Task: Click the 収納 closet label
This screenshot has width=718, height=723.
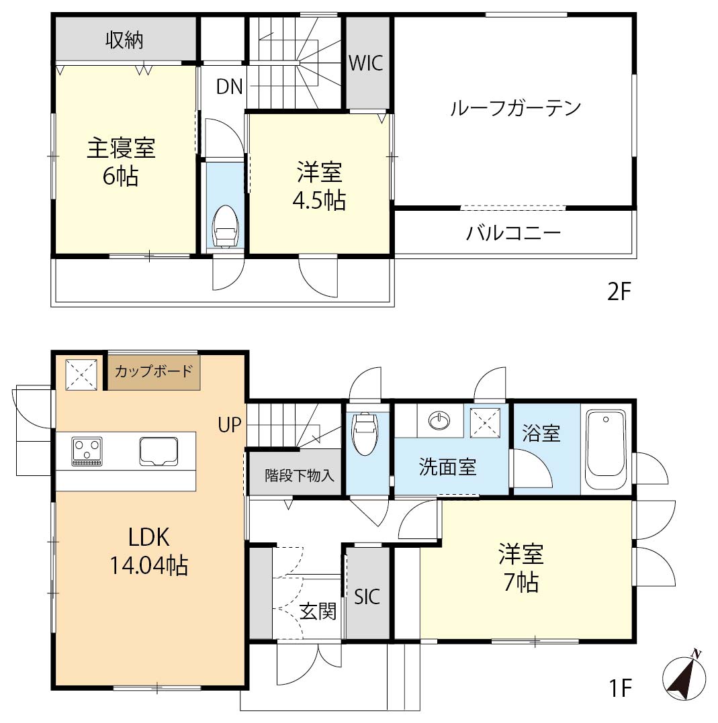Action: pos(124,40)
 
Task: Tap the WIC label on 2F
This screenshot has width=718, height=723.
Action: pos(366,63)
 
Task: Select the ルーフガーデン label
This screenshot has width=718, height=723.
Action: pos(515,108)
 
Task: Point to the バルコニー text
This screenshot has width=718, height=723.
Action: pos(514,232)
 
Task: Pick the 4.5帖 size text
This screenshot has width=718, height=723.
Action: pos(319,200)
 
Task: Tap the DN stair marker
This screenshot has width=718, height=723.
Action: pos(229,86)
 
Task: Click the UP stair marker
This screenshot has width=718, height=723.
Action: pos(229,425)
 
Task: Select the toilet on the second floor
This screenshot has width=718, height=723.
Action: pos(225,227)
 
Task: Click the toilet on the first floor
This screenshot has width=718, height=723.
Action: pos(365,433)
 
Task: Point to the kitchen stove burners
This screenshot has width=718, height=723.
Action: pos(87,451)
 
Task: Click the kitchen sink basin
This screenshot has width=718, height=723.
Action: pos(159,451)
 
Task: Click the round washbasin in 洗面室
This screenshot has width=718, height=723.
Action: pos(439,420)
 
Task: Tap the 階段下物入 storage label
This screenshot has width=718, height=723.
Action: pos(300,475)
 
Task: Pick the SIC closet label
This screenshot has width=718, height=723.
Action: pos(367,597)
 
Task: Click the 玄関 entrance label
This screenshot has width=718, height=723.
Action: pos(318,611)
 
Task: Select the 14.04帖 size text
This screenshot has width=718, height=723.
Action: pos(149,565)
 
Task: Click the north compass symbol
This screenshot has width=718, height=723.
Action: pos(684,677)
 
